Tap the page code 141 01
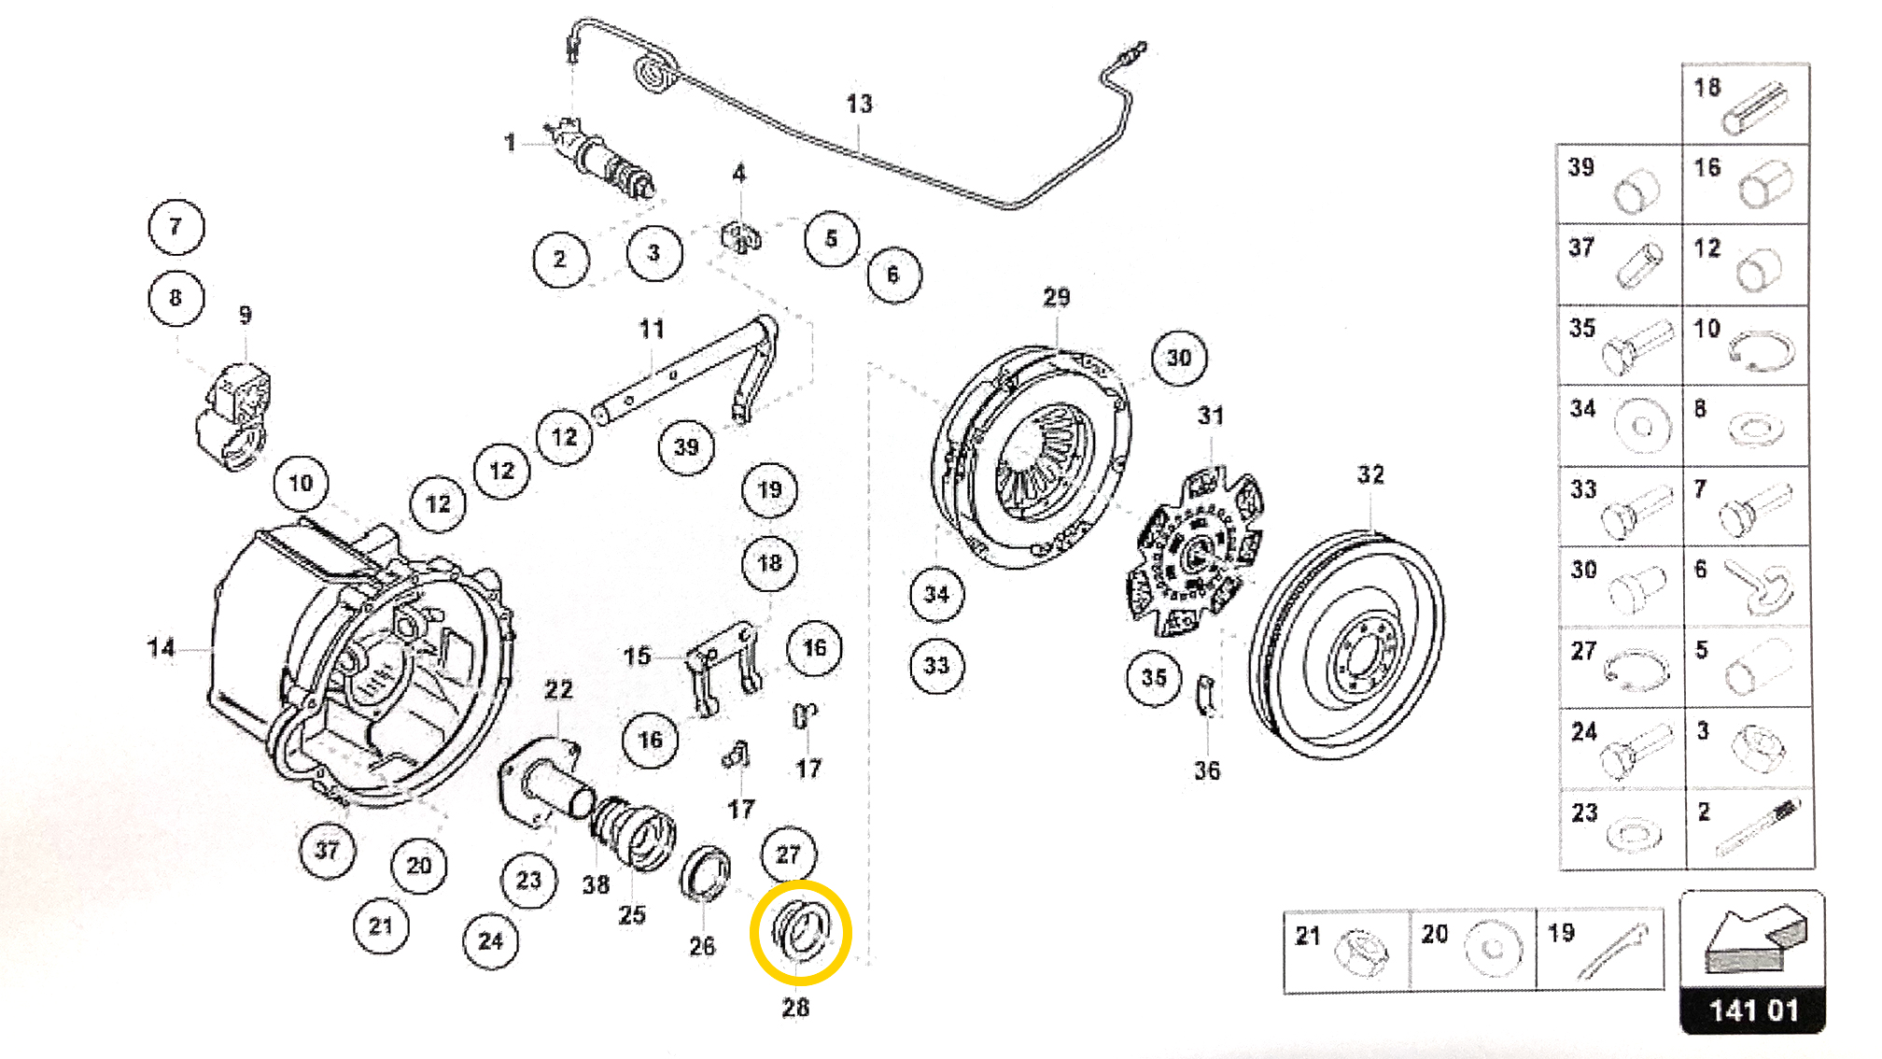tap(1752, 1010)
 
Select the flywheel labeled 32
tap(1346, 644)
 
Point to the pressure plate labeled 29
tap(1032, 458)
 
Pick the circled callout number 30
tap(1179, 358)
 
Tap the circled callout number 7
tap(176, 227)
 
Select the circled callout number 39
tap(686, 446)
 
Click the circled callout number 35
tap(1154, 677)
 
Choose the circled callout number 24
tap(490, 940)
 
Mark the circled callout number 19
tap(769, 489)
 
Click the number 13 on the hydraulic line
tap(859, 104)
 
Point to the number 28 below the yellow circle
tap(795, 1008)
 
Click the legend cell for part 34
tap(1621, 425)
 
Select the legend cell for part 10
tap(1746, 345)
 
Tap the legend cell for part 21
tap(1345, 949)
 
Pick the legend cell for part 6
tap(1746, 586)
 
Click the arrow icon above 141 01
tap(1752, 939)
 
